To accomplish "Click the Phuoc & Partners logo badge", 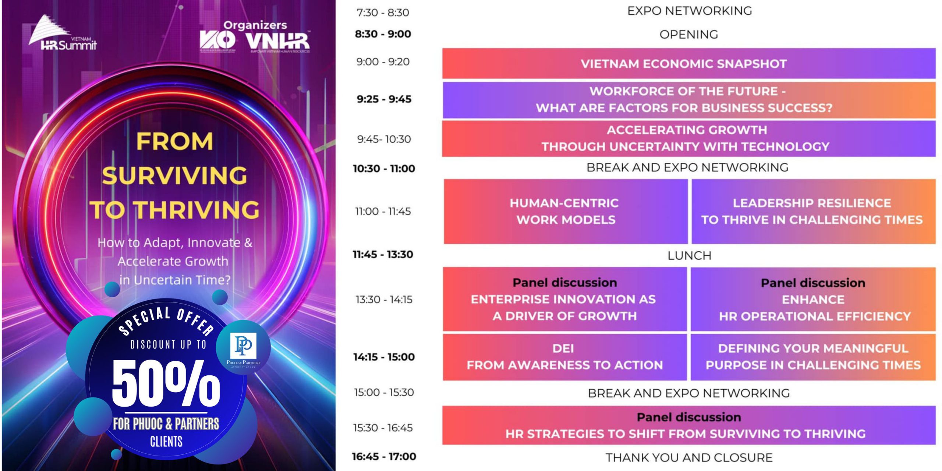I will [x=243, y=348].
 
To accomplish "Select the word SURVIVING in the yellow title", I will [x=174, y=176].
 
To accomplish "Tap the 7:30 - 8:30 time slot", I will [x=383, y=13].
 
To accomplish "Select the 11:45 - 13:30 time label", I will [x=383, y=254].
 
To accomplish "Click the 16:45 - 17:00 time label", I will [x=384, y=457].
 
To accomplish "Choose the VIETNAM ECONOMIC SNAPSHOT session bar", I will [x=688, y=64].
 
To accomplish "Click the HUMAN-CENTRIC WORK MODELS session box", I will [x=565, y=212].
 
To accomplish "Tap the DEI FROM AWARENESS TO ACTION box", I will [x=564, y=357].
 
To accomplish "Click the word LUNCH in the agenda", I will [x=689, y=256].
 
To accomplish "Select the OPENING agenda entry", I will [x=688, y=35].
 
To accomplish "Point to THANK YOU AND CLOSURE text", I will [x=689, y=458].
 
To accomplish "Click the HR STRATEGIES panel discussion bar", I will [x=688, y=426].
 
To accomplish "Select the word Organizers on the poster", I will [x=255, y=25].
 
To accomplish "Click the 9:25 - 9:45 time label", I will [x=384, y=99].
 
